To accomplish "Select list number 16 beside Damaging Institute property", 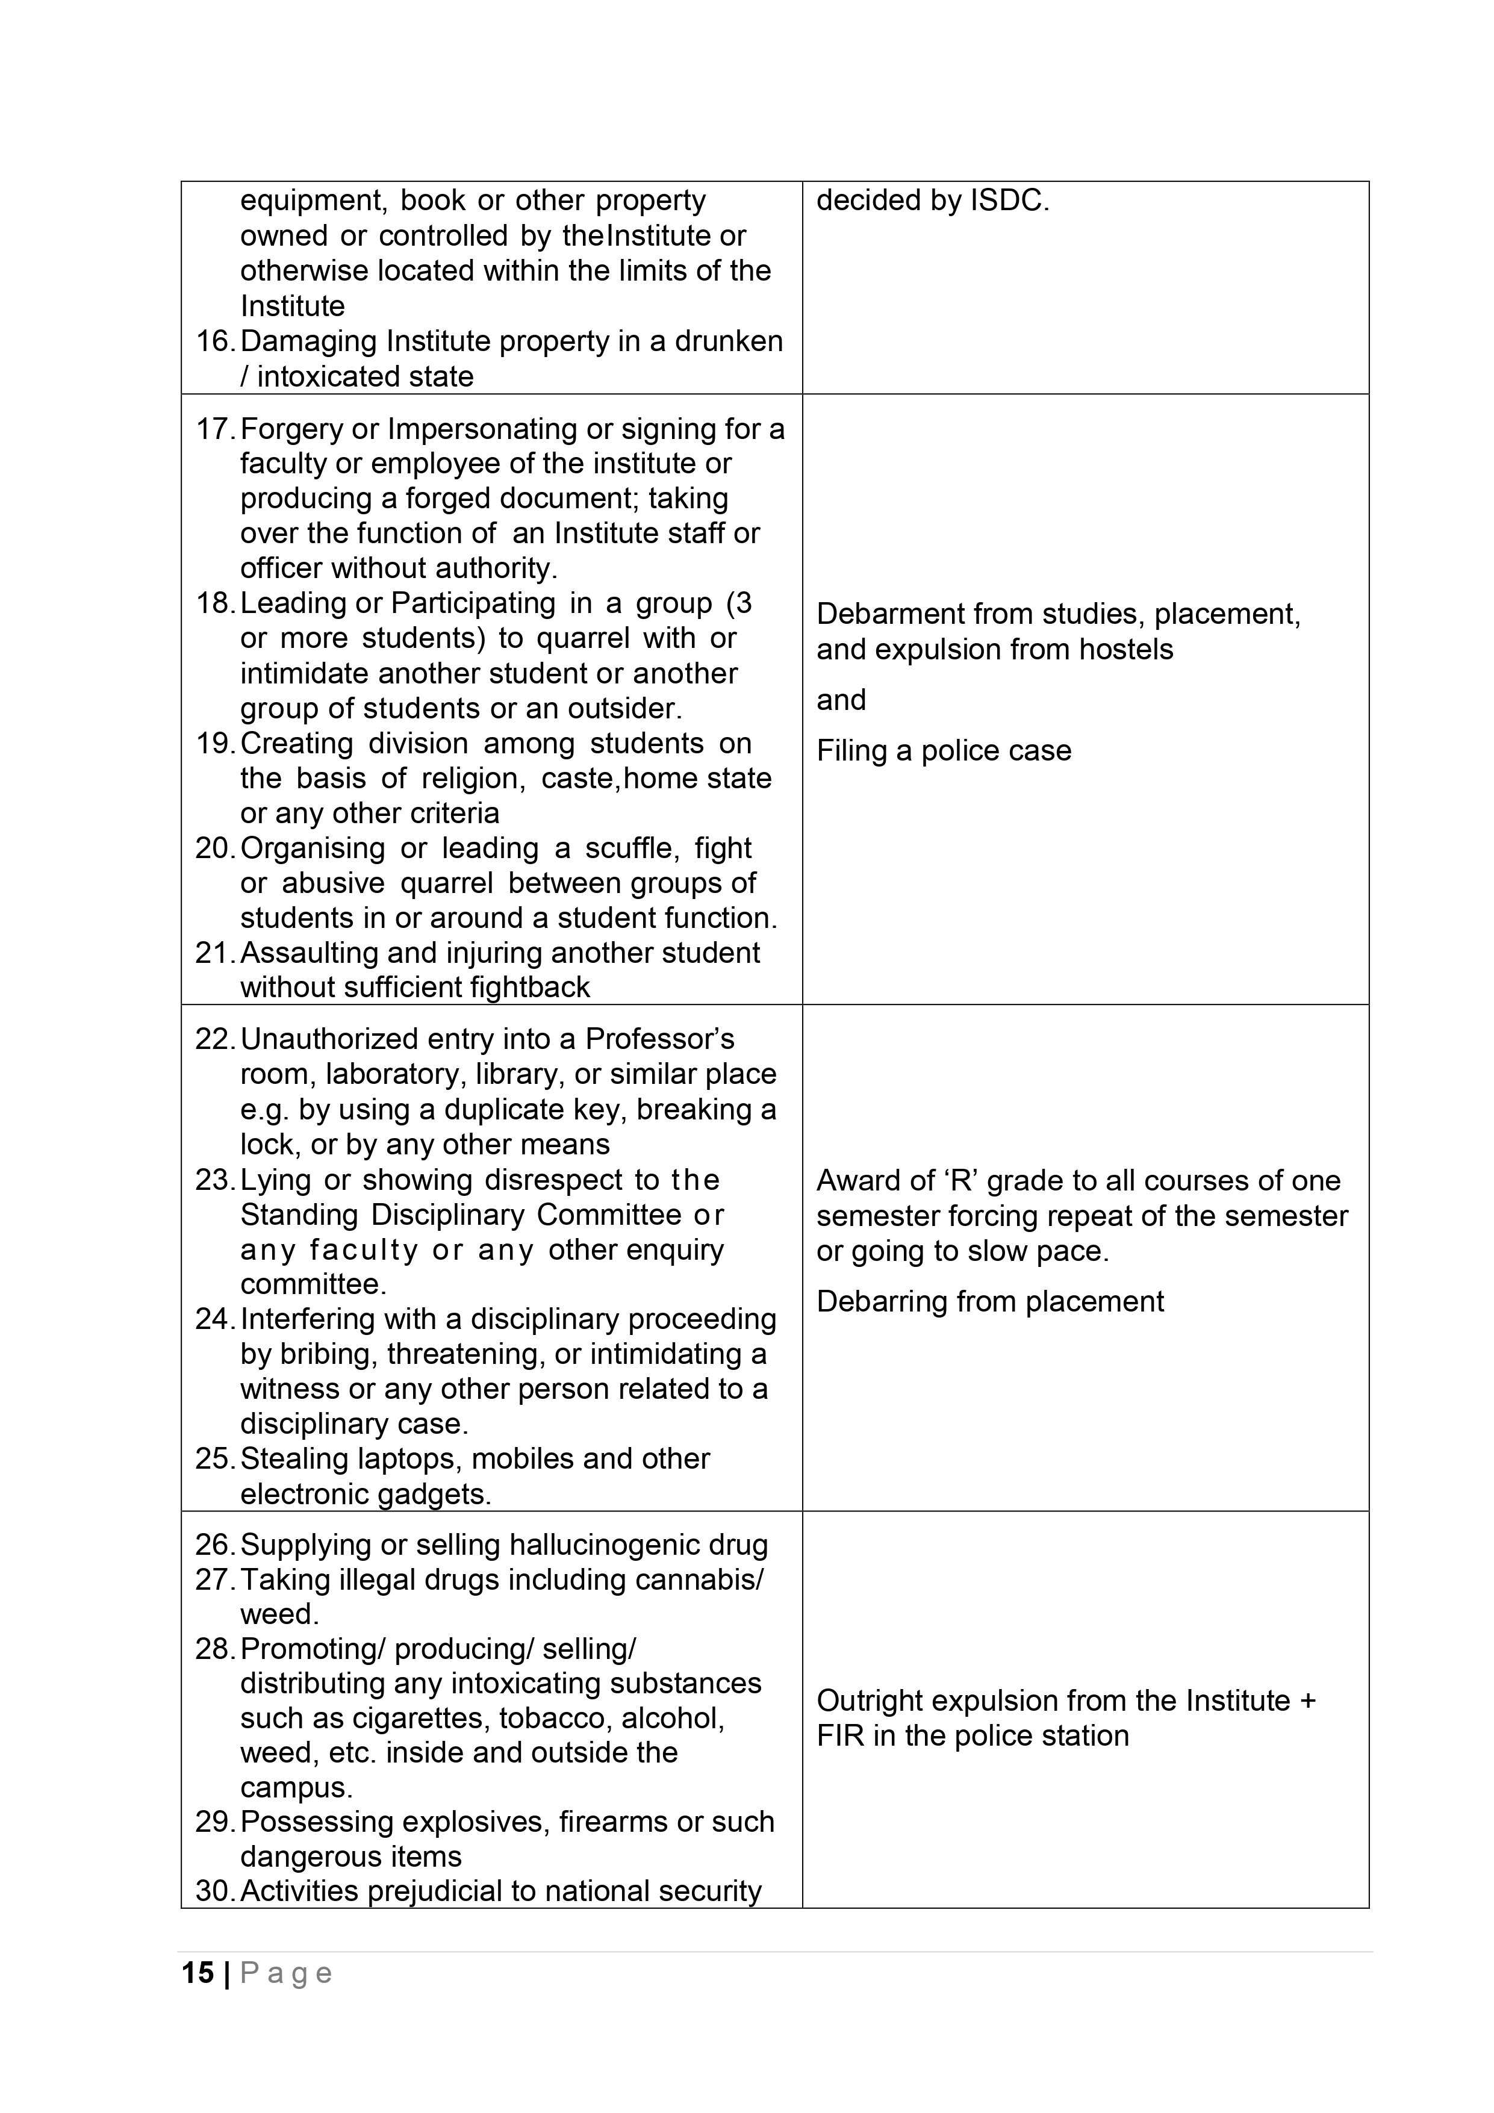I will coord(214,341).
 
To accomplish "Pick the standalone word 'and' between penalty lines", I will coord(841,700).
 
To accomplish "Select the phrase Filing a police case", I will coord(944,751).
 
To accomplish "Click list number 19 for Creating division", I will coord(214,744).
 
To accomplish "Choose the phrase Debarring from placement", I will coord(989,1301).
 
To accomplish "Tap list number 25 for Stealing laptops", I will coord(214,1458).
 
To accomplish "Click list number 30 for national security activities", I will coord(214,1891).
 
